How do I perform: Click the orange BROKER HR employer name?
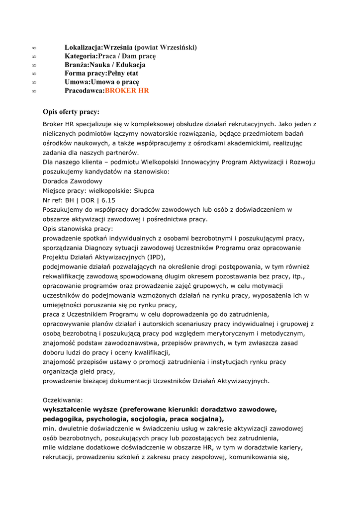coord(127,91)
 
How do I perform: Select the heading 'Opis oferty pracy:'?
coord(71,112)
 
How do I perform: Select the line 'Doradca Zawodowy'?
coord(73,181)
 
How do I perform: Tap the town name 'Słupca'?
coord(143,191)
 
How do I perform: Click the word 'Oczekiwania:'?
coord(63,400)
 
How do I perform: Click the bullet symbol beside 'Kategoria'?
coord(34,56)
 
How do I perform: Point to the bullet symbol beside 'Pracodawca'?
coord(34,91)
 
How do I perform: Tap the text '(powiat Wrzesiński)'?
coord(166,47)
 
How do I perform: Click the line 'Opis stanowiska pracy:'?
coord(78,229)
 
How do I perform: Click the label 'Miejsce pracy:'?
coord(64,191)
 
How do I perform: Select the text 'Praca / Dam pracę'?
coord(127,56)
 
